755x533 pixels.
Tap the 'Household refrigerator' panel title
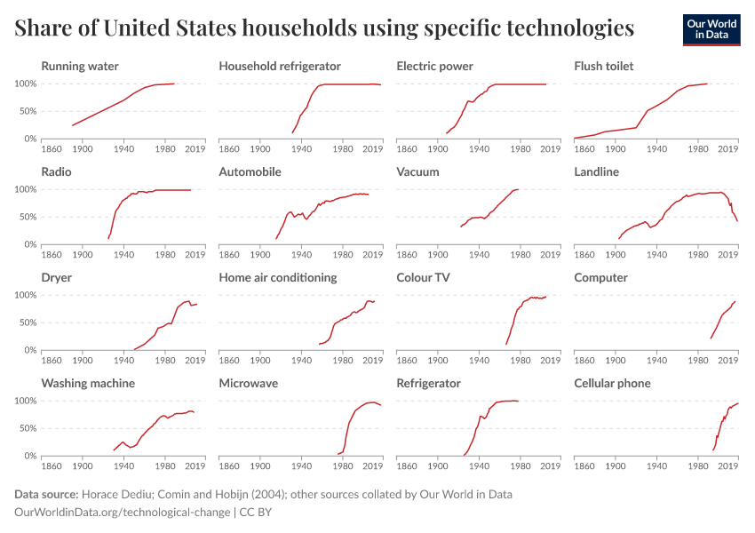(280, 67)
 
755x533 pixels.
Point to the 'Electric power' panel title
(434, 67)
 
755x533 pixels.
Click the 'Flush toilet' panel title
(603, 67)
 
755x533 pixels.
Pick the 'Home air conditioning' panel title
(278, 278)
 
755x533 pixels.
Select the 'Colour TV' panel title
(423, 278)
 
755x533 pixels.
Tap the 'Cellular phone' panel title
(612, 384)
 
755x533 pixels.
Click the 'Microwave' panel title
(248, 384)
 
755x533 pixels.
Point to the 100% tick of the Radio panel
(25, 189)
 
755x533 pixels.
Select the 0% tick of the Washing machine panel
(29, 456)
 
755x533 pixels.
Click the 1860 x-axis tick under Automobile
(229, 256)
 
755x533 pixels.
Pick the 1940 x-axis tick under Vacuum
(479, 256)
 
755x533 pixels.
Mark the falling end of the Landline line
(736, 220)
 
